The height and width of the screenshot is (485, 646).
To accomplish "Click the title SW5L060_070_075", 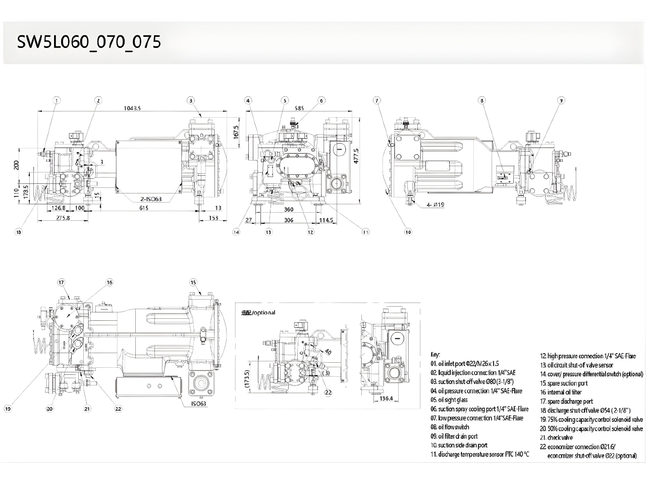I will point(89,42).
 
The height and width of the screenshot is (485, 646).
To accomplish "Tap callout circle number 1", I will point(57,101).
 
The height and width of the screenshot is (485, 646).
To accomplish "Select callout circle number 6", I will point(321,101).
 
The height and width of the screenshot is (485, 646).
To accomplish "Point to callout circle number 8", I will point(482,101).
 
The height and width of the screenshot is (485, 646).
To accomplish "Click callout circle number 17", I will point(62,282).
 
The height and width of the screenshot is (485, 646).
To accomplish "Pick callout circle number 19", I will point(7,409).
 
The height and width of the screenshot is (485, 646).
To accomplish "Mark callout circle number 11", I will point(365,232).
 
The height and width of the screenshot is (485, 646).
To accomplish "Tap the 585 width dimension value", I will point(299,108).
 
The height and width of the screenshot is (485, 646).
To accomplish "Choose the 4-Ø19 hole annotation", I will point(435,205).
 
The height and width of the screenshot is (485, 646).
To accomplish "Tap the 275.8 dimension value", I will point(63,218).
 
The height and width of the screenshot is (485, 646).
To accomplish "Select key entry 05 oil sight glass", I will point(449,400).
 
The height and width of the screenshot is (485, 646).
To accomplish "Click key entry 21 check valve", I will point(556,438).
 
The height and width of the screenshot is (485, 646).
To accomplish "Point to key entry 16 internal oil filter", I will point(564,392).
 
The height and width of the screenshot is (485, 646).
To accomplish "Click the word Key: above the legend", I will point(435,354).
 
